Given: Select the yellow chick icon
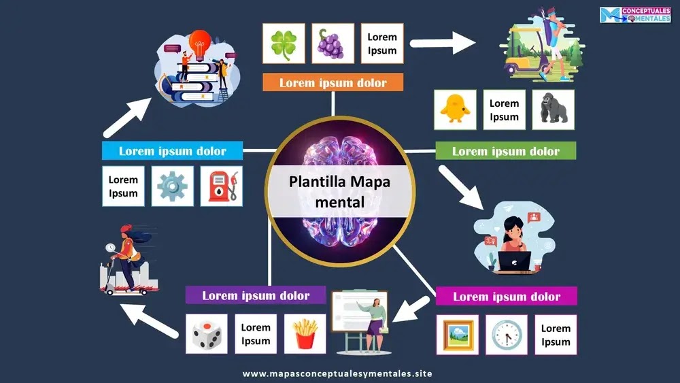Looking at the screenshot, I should (455, 110).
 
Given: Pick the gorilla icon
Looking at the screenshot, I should (553, 110).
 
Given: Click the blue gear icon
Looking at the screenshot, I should (172, 186).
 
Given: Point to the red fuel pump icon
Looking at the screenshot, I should (222, 186).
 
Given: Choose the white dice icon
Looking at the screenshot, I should (206, 333).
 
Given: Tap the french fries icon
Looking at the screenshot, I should (305, 333).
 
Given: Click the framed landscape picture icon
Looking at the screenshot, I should (457, 334).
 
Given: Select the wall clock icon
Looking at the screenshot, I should (506, 334).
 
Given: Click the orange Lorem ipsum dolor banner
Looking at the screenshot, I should (333, 83).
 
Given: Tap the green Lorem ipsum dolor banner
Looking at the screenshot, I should (506, 151).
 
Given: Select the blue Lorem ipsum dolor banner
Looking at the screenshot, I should (173, 151).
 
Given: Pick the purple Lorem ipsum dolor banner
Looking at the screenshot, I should (256, 296).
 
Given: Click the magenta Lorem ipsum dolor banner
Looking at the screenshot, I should (507, 297).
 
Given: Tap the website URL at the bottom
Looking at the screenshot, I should (337, 373).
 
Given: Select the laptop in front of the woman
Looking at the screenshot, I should (514, 261).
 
